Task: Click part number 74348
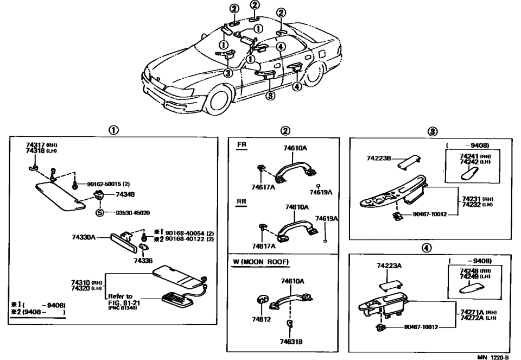(x=124, y=194)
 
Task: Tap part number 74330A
(x=84, y=237)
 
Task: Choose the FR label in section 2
(x=242, y=146)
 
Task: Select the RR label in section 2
(x=243, y=200)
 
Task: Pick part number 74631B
(x=291, y=342)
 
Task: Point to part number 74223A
(x=389, y=266)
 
